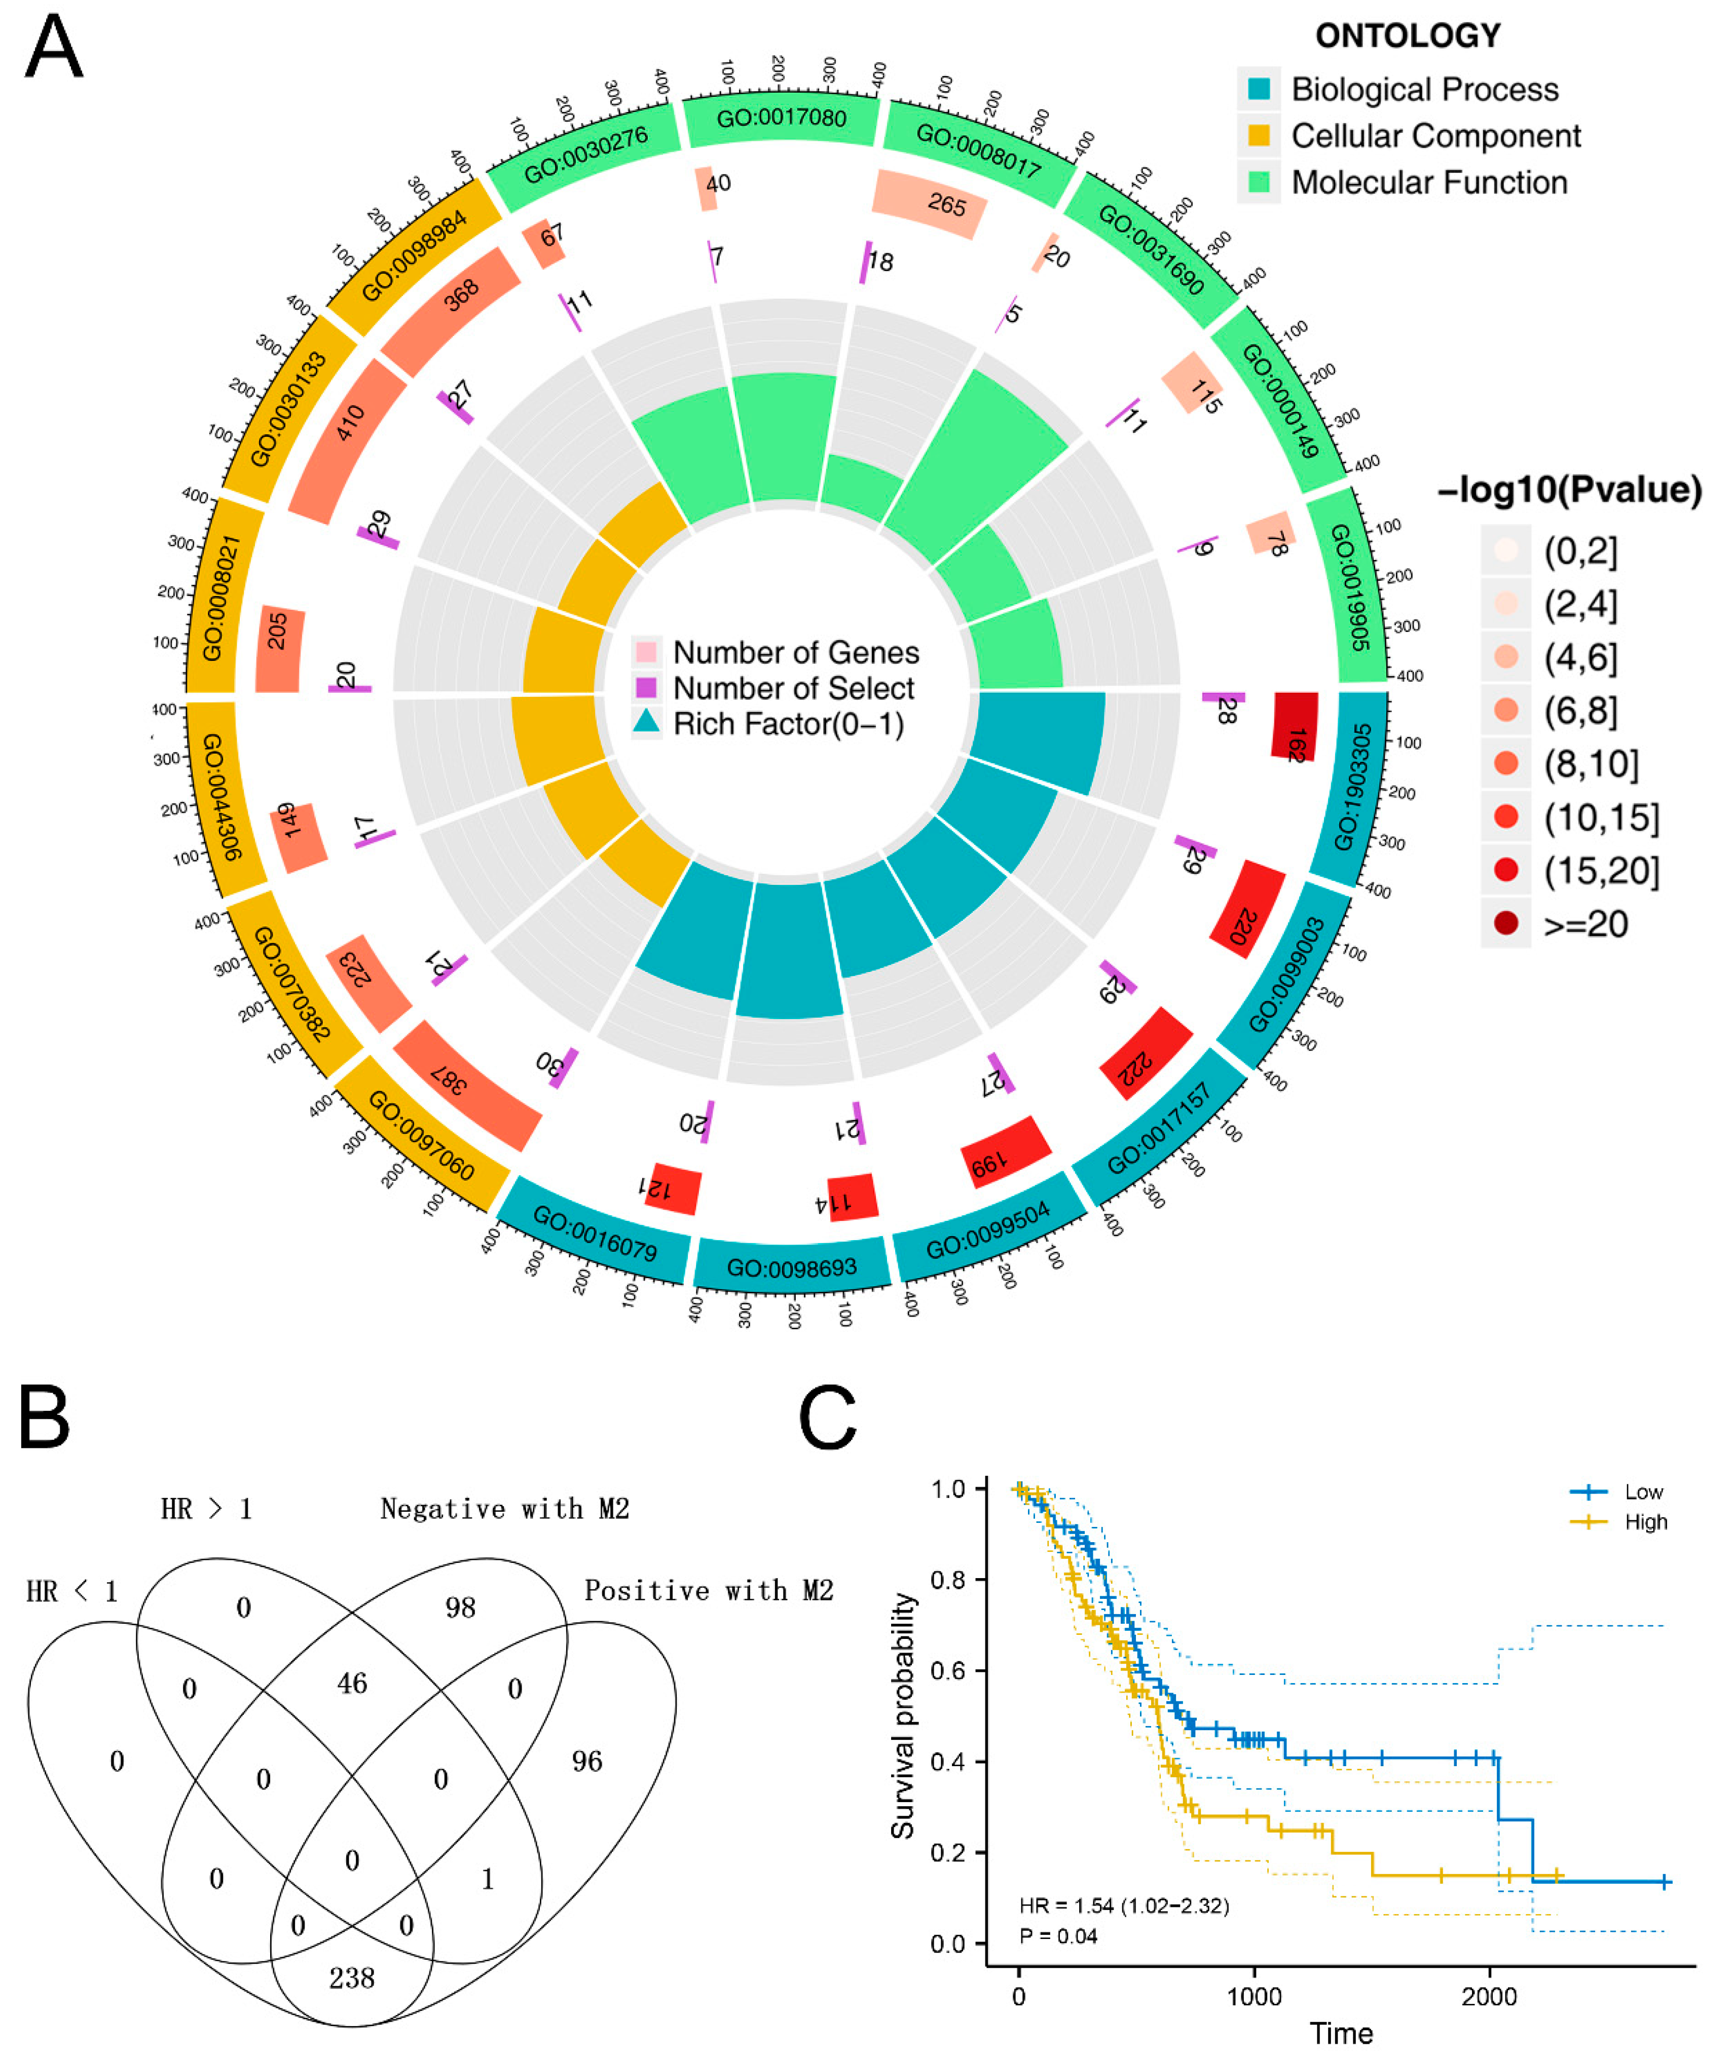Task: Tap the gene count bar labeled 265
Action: [929, 203]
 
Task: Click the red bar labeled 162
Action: [1294, 727]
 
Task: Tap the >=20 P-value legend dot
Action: [1505, 923]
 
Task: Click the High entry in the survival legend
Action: [1645, 1522]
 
